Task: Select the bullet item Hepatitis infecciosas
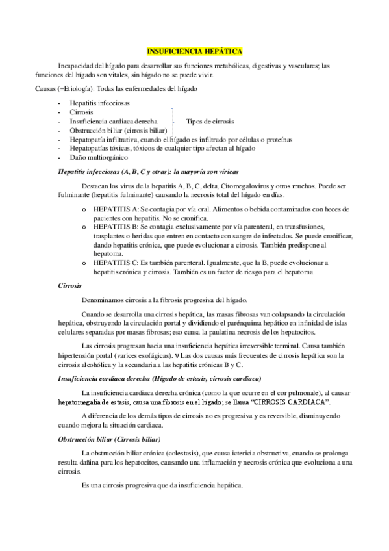(99, 103)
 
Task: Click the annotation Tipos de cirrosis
(210, 122)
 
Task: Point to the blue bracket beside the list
(173, 122)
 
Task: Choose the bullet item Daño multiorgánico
(99, 157)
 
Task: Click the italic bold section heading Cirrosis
(70, 285)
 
